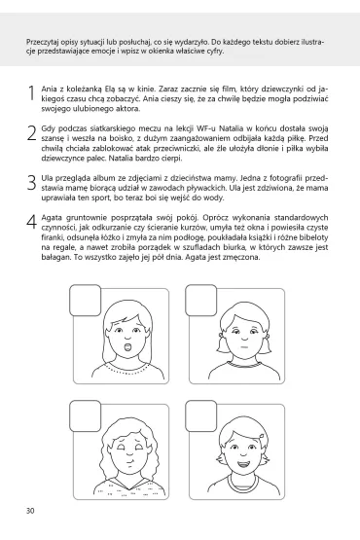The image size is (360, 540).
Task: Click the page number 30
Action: pyautogui.click(x=30, y=511)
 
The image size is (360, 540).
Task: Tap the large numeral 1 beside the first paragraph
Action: pyautogui.click(x=32, y=93)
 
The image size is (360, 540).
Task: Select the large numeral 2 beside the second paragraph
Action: pyautogui.click(x=31, y=132)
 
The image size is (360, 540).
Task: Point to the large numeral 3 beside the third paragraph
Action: pyautogui.click(x=31, y=182)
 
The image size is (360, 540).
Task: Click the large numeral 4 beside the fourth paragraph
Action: pyautogui.click(x=31, y=222)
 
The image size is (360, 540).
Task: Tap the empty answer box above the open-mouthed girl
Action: pyautogui.click(x=85, y=301)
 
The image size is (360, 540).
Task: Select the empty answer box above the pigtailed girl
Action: pyautogui.click(x=200, y=301)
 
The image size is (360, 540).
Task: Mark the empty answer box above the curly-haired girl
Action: pyautogui.click(x=85, y=416)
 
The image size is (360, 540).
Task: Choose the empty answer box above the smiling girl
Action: pyautogui.click(x=200, y=416)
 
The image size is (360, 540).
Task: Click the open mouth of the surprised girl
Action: pyautogui.click(x=127, y=346)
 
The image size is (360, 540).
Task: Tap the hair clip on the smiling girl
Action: pyautogui.click(x=263, y=437)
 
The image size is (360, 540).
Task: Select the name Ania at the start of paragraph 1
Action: pyautogui.click(x=49, y=89)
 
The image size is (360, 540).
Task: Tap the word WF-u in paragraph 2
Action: pyautogui.click(x=206, y=128)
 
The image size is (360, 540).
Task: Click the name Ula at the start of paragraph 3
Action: pyautogui.click(x=47, y=178)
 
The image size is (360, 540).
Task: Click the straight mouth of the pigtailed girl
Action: pyautogui.click(x=244, y=346)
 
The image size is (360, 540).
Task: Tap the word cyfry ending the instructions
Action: pyautogui.click(x=216, y=52)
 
